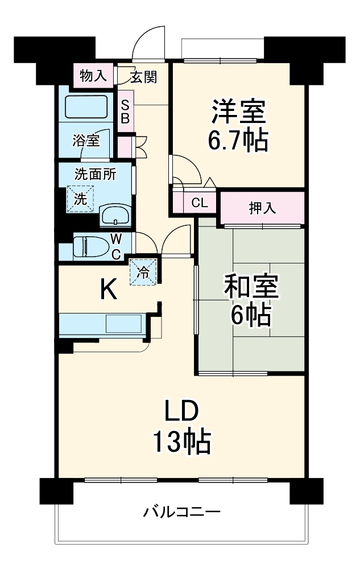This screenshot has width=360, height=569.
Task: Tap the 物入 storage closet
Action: tap(92, 76)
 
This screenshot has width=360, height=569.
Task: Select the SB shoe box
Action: tap(125, 112)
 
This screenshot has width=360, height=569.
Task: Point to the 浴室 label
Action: tap(86, 139)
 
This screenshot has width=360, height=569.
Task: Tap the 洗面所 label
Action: tap(95, 175)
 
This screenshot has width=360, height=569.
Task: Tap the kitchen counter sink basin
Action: tap(123, 324)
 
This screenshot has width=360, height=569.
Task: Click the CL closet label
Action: tap(199, 203)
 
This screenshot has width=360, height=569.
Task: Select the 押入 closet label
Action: tap(262, 208)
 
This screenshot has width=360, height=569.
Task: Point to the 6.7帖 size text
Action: tap(237, 141)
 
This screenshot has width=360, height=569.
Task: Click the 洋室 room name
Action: tap(238, 111)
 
